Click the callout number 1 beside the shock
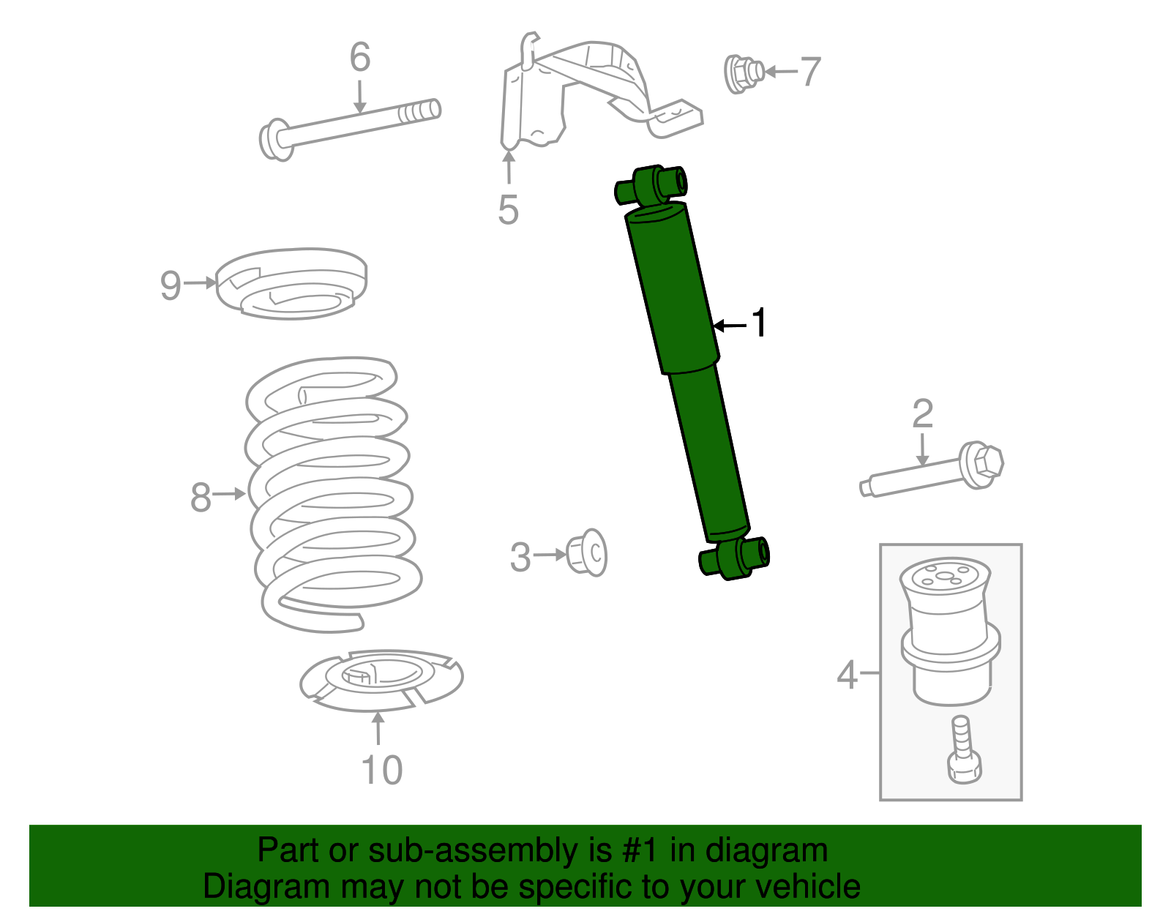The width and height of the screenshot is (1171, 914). (x=760, y=323)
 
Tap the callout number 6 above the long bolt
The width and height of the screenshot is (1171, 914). (x=359, y=57)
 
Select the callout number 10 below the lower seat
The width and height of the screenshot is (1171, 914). (x=381, y=770)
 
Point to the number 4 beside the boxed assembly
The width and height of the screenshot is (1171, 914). (x=846, y=674)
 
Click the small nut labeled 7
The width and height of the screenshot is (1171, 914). (x=743, y=72)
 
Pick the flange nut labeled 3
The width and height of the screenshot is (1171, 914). (x=588, y=553)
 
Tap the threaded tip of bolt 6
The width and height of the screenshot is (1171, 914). (x=422, y=112)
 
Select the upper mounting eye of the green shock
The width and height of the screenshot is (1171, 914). (x=651, y=185)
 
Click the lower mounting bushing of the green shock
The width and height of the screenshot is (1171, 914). (x=735, y=558)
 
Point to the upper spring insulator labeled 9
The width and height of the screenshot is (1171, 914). (x=292, y=283)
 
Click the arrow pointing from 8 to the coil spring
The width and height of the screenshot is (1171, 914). (x=231, y=494)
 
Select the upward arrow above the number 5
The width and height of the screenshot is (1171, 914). (x=508, y=166)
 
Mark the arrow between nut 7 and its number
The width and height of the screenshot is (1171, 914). (x=782, y=72)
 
